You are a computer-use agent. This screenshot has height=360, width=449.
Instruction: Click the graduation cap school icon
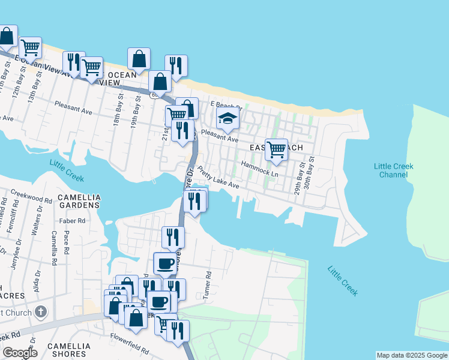[x=228, y=118]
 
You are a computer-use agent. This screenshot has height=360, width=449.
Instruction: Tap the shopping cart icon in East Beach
[x=276, y=149]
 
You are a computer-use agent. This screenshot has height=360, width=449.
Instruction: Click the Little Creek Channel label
[x=393, y=170]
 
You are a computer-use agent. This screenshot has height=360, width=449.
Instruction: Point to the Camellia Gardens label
[x=79, y=201]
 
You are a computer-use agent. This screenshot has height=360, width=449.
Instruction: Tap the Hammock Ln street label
[x=259, y=169]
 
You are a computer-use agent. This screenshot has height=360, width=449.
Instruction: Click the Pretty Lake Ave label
[x=218, y=178]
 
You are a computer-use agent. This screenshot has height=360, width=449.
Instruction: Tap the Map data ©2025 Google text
[x=412, y=355]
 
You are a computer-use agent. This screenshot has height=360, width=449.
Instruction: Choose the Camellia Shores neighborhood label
[x=69, y=350]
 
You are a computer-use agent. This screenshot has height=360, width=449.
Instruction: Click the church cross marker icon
[x=40, y=311]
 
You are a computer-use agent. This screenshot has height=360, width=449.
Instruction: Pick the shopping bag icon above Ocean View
[x=139, y=59]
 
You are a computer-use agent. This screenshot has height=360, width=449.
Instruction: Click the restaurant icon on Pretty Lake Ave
[x=194, y=200]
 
